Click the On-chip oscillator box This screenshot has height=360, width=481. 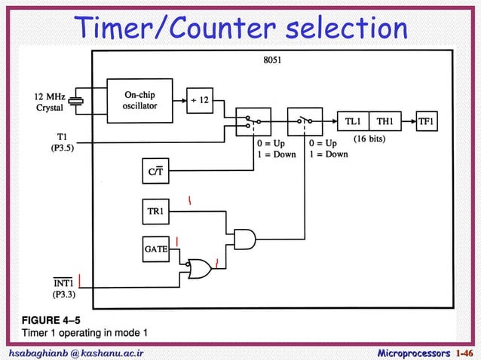[x=139, y=100]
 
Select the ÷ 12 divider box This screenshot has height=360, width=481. [x=200, y=100]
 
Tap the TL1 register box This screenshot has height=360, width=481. [x=353, y=121]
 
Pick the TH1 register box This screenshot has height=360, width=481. [x=385, y=121]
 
